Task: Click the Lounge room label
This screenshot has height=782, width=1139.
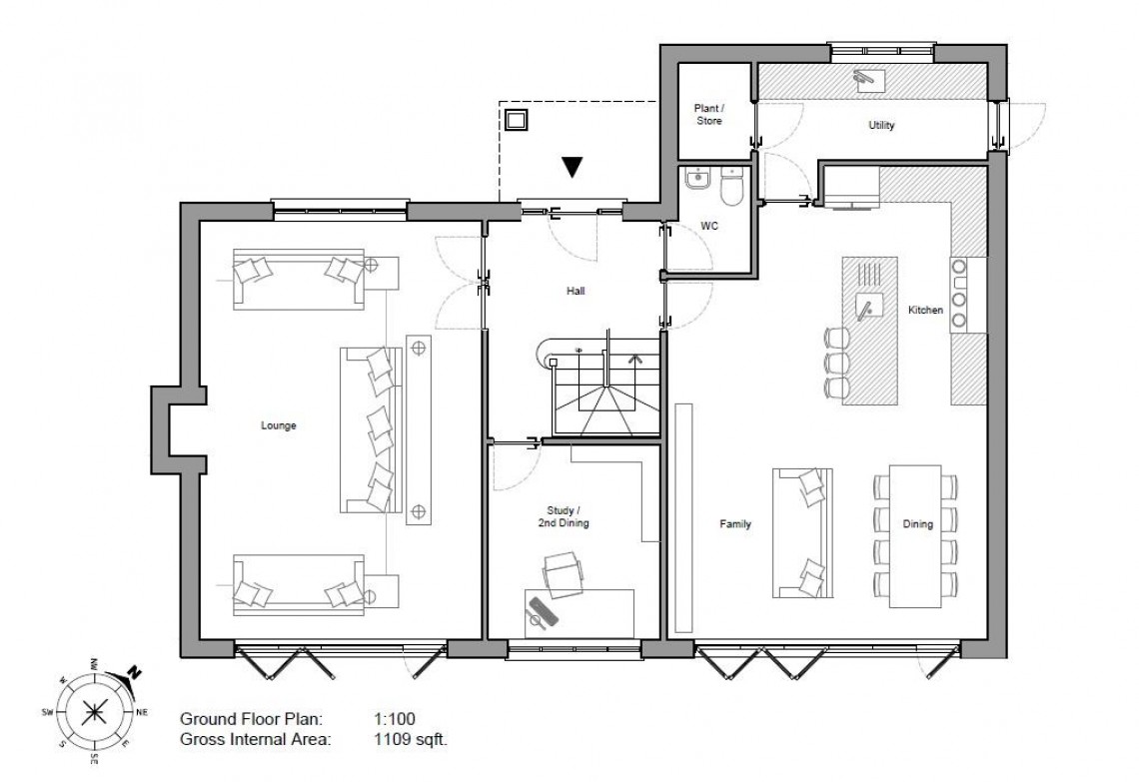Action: [x=279, y=425]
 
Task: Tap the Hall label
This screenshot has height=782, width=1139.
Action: [x=573, y=292]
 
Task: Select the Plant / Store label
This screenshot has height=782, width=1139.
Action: [x=707, y=114]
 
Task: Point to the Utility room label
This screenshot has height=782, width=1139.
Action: [x=880, y=126]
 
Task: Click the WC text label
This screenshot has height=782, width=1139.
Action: [x=708, y=227]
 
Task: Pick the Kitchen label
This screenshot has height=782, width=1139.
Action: [x=924, y=311]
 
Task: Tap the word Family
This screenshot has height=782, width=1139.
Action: [x=735, y=523]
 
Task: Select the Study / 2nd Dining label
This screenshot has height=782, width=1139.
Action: [x=561, y=516]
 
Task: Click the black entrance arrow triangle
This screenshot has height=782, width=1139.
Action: [x=571, y=168]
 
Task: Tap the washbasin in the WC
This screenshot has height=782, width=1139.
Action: [x=697, y=180]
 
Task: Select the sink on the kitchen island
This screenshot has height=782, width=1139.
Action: [x=867, y=307]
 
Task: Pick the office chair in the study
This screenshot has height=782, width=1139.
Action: [x=562, y=576]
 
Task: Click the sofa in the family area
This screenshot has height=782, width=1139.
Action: [x=800, y=533]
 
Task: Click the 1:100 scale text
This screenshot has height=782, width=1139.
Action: [x=394, y=718]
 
